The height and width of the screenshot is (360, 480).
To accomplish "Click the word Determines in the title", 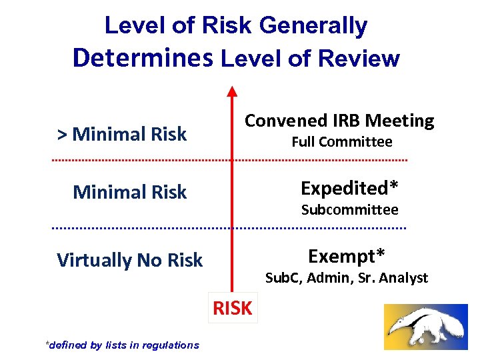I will click(143, 58).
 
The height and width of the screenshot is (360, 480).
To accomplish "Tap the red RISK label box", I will click(233, 308).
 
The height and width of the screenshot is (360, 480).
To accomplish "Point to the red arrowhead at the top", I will click(231, 91).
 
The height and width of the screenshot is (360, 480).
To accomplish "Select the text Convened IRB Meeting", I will click(339, 121).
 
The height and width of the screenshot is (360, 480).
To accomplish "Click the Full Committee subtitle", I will click(342, 142).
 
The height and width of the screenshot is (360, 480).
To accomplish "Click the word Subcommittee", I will click(349, 210).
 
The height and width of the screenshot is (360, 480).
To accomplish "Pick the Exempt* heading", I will click(346, 255).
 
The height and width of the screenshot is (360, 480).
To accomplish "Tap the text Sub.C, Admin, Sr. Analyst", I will click(346, 278).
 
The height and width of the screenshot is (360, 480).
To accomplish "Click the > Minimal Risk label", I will click(122, 134).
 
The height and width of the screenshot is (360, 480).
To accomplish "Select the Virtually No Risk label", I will click(129, 260).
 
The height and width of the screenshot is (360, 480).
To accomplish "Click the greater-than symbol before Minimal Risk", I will click(62, 135).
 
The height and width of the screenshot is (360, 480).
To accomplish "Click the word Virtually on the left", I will click(95, 260).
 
